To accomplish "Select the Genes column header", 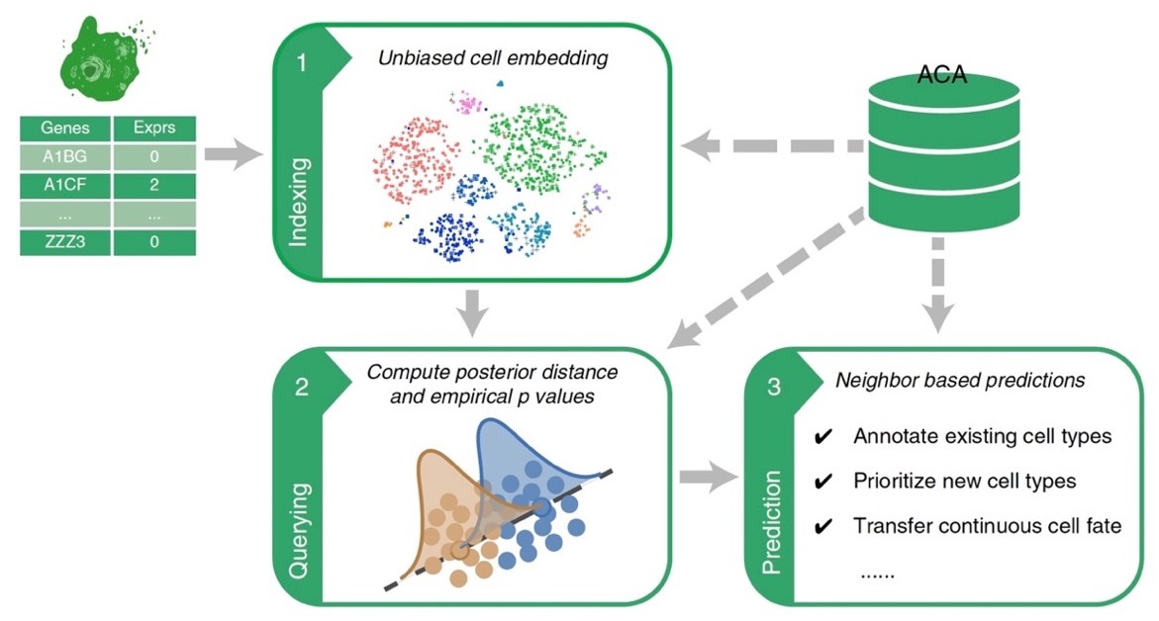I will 62,129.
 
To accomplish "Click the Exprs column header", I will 153,129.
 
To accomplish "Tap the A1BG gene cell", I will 62,156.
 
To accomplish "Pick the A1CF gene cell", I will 62,185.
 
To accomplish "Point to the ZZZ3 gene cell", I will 62,241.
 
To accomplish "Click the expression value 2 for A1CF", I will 153,185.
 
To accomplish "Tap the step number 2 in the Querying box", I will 302,390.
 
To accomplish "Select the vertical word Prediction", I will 773,525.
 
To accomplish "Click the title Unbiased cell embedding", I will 493,58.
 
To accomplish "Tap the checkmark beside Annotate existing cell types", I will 821,437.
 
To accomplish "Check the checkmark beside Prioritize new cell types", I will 821,482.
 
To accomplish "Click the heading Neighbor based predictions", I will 960,380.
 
